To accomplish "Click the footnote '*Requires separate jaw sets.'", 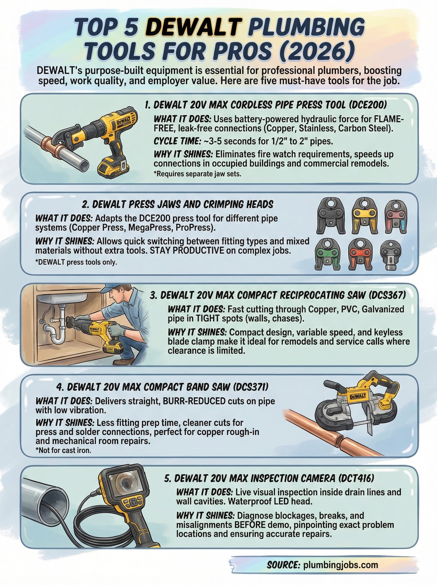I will pos(197,174).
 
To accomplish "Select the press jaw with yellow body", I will pos(365,216).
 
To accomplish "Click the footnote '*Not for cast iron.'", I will pos(63,450).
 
